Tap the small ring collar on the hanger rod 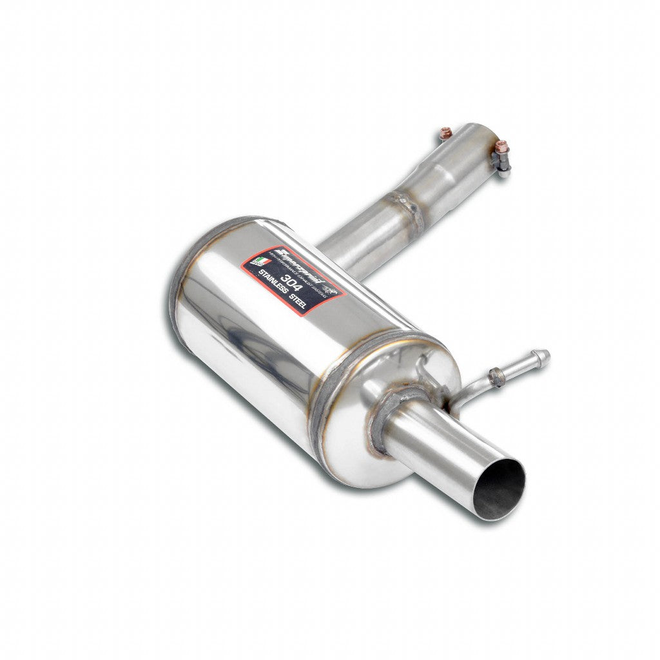pyautogui.click(x=496, y=377)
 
